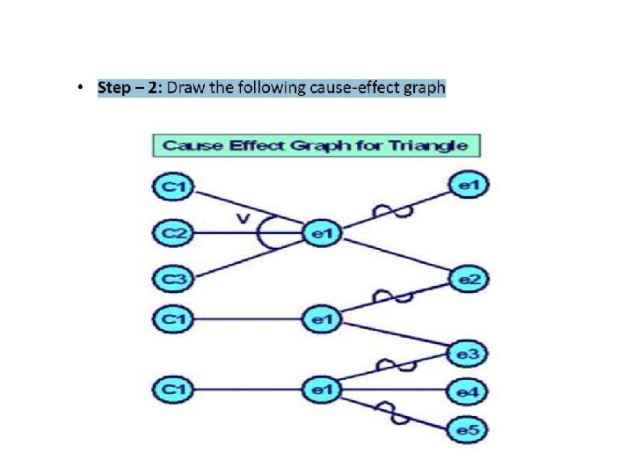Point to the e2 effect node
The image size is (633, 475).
(468, 280)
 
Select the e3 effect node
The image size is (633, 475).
(468, 354)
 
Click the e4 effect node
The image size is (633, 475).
(468, 389)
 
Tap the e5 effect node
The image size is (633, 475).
(468, 430)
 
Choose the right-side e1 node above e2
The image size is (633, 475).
(468, 185)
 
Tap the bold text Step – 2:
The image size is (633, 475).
(130, 88)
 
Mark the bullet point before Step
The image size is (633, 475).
(80, 88)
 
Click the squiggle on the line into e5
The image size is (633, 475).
(388, 407)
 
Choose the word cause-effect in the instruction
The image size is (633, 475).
(351, 88)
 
